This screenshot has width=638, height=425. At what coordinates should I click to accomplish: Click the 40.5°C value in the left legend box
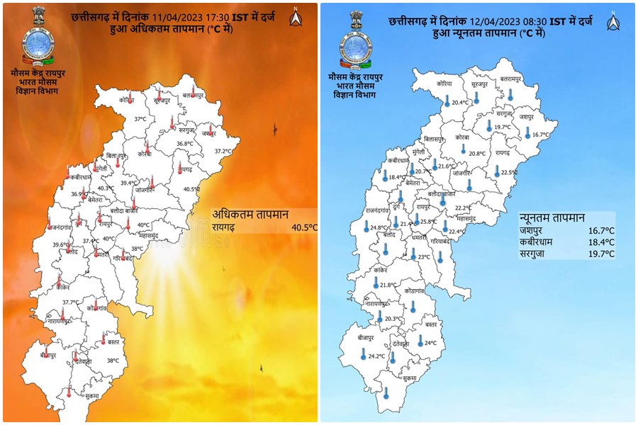(x=303, y=227)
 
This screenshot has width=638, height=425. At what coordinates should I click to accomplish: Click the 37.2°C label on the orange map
(x=223, y=151)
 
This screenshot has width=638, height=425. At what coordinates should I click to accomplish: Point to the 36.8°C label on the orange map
(x=185, y=144)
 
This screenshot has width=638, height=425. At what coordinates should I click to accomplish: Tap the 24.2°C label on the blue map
(x=376, y=356)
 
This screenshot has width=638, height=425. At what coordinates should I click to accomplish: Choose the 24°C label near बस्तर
(x=430, y=343)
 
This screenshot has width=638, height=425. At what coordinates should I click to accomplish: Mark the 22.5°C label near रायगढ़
(x=509, y=173)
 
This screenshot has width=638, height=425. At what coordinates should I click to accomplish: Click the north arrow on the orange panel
(x=296, y=17)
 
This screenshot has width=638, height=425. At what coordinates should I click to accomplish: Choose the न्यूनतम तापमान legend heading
(x=552, y=217)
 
